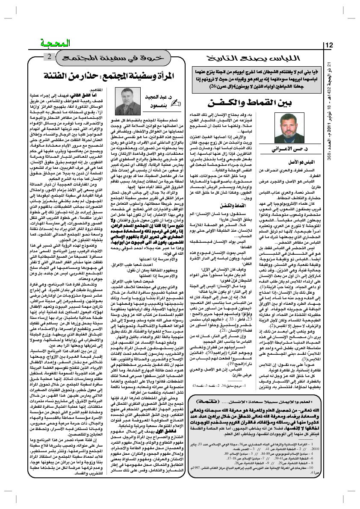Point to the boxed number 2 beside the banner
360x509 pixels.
point(49,57)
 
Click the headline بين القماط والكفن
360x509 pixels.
point(240,103)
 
